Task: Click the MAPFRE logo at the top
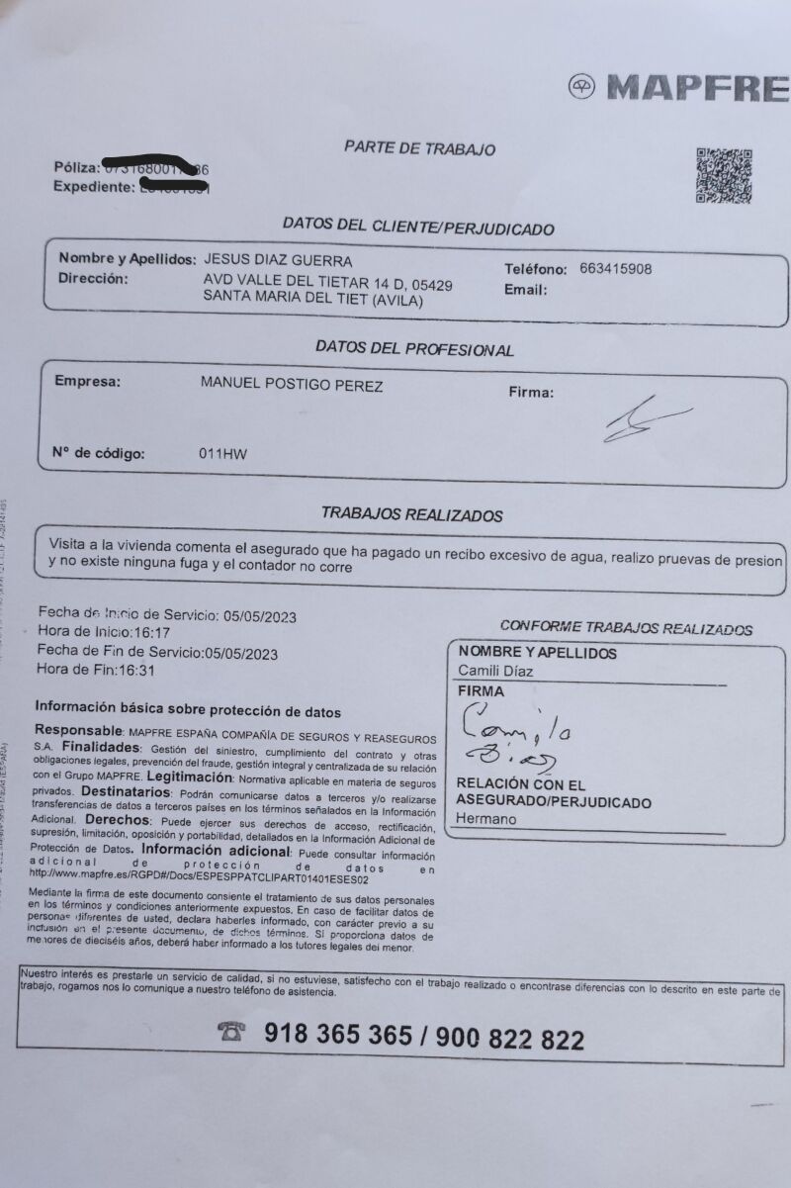[x=679, y=88]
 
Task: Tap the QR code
[x=724, y=176]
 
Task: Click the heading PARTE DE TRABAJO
[x=419, y=148]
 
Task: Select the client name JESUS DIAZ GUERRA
[x=277, y=260]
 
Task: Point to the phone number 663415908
[x=616, y=268]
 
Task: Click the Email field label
[x=526, y=291]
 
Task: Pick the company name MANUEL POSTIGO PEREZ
[x=291, y=385]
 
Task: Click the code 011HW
[x=222, y=455]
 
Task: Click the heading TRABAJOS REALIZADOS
[x=411, y=514]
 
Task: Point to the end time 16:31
[x=136, y=670]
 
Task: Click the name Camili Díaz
[x=496, y=673]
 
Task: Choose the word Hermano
[x=485, y=819]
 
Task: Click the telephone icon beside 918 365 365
[x=232, y=1032]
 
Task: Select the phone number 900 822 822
[x=509, y=1038]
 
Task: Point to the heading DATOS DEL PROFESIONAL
[x=414, y=349]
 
